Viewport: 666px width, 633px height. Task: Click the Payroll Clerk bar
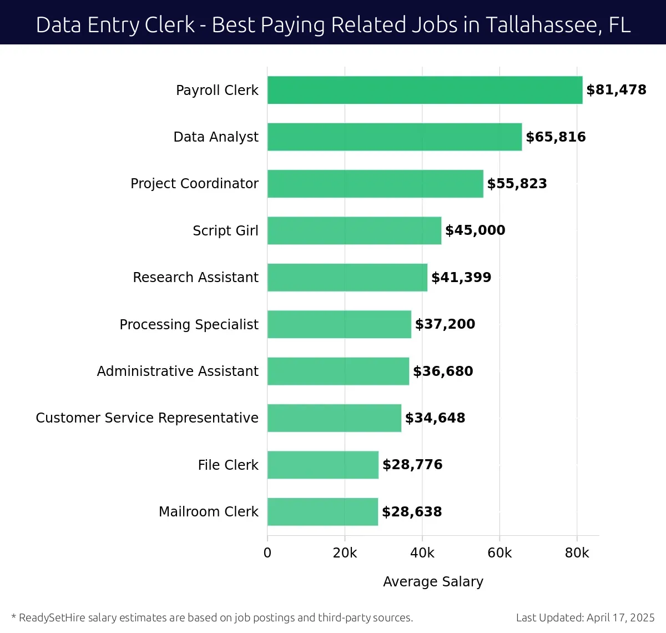click(425, 90)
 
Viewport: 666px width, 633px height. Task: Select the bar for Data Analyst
click(394, 137)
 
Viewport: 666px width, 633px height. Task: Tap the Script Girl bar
click(354, 230)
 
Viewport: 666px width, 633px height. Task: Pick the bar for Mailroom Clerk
click(322, 512)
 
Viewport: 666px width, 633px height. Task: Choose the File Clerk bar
click(322, 465)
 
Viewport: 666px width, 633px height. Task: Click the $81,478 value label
click(616, 90)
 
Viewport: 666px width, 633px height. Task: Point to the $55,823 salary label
click(517, 184)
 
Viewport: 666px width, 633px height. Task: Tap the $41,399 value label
click(461, 278)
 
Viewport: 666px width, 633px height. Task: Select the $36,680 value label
click(443, 371)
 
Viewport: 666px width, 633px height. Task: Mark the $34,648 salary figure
click(435, 418)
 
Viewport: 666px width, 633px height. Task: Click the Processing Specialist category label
click(189, 324)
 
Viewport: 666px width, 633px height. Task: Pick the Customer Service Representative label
click(147, 418)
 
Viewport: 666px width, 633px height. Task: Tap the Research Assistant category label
click(195, 278)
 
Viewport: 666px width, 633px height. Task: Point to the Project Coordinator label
click(194, 184)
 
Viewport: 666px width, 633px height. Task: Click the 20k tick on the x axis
click(345, 553)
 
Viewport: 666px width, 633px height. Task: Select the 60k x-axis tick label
click(500, 553)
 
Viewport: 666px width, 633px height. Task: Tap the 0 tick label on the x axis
click(268, 553)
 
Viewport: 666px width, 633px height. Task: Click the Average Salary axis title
click(433, 581)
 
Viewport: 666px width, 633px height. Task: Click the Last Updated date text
click(585, 617)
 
